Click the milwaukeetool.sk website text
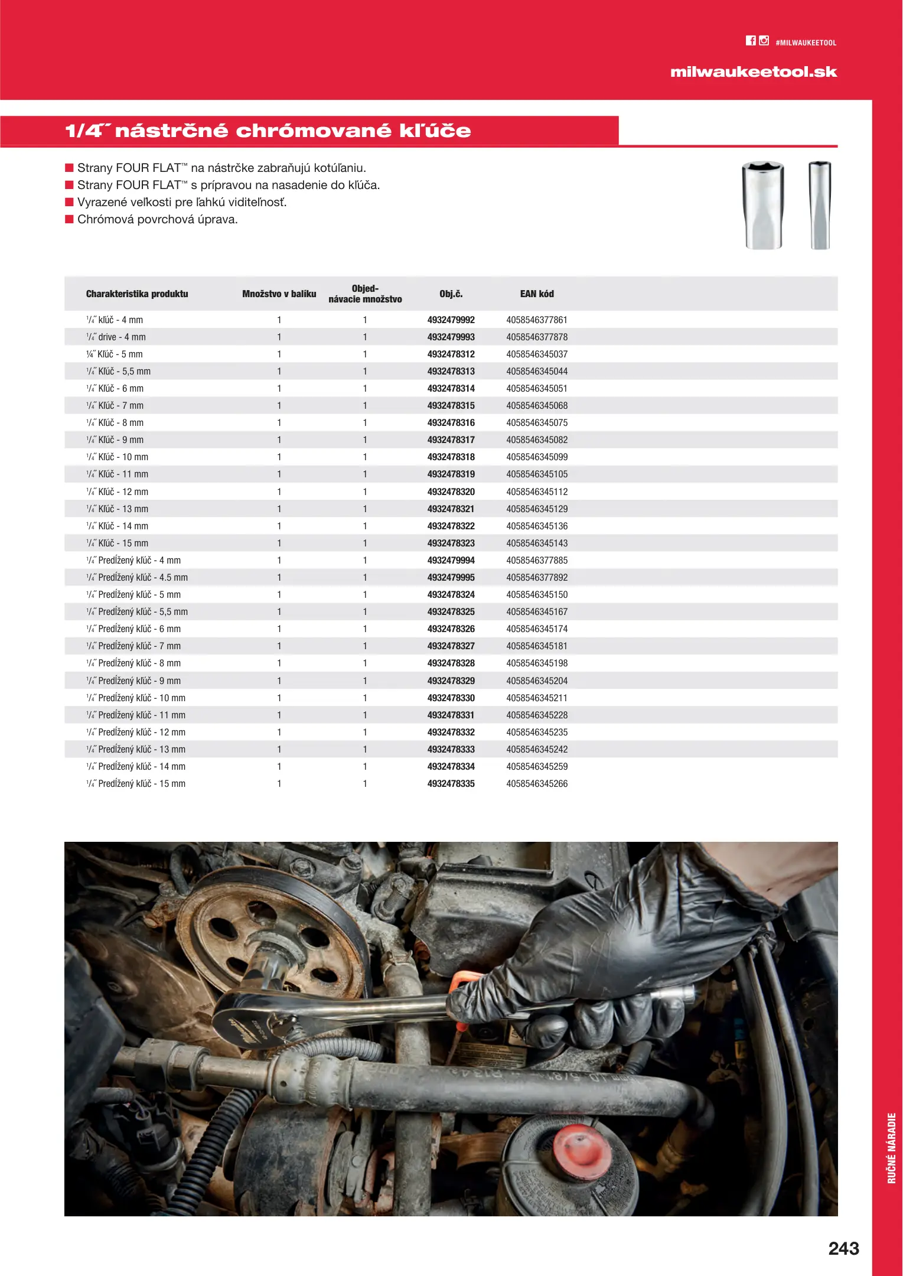pos(753,72)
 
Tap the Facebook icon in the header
pos(750,41)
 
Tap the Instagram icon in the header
pos(764,41)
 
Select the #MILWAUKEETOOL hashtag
pos(806,43)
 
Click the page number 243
pos(843,1248)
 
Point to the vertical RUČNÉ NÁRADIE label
pos(891,1148)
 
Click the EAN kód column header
pos(536,294)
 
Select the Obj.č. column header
pos(451,294)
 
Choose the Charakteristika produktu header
pos(137,294)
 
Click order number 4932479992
pos(451,320)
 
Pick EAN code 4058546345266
pos(536,783)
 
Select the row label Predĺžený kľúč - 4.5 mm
pos(142,577)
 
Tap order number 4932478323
pos(451,543)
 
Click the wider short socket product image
pos(763,206)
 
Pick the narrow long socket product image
pos(820,206)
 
